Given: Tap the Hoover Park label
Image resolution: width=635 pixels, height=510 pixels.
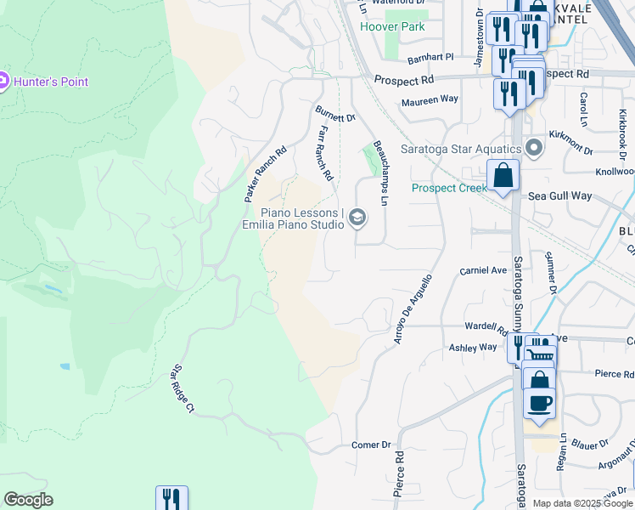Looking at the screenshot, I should click(x=391, y=26).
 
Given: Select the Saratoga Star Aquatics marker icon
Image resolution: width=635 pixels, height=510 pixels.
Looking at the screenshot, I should click(x=534, y=149).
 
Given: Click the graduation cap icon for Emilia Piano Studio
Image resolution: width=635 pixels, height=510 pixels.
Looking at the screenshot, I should click(x=357, y=218).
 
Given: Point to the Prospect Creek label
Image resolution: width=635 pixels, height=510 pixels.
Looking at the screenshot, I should click(x=449, y=188).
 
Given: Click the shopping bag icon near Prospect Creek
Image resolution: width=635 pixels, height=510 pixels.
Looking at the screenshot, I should click(x=503, y=175).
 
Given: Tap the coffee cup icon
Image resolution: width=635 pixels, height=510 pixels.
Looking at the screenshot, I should click(x=540, y=401).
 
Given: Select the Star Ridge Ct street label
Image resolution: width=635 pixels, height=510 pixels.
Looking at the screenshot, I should click(x=183, y=390).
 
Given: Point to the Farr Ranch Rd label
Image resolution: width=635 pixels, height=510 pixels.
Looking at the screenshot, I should click(x=325, y=154).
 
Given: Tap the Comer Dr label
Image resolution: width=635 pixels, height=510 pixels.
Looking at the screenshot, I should click(x=371, y=445).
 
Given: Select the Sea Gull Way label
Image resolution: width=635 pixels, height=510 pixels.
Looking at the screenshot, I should click(x=559, y=195).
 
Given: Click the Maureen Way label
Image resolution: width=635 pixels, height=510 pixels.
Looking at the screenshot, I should click(x=430, y=99).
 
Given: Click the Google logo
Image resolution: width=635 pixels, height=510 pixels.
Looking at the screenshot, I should click(x=28, y=500).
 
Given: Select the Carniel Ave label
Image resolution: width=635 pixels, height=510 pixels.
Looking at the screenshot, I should click(x=482, y=270).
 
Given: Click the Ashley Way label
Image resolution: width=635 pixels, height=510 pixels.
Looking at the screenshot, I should click(x=473, y=347).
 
